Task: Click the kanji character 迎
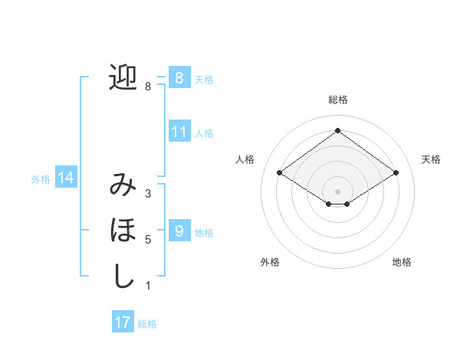click(x=123, y=77)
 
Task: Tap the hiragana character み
click(x=123, y=185)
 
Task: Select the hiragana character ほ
click(x=123, y=230)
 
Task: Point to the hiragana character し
click(x=123, y=276)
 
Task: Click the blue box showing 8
click(x=179, y=77)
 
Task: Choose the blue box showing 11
click(x=179, y=132)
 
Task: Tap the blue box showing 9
click(x=179, y=231)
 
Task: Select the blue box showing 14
click(x=66, y=178)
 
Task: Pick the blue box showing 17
click(x=123, y=322)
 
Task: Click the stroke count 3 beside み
click(x=147, y=194)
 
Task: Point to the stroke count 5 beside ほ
click(x=147, y=240)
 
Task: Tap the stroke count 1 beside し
click(x=147, y=286)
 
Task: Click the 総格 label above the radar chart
click(x=337, y=100)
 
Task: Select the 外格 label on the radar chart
click(x=270, y=262)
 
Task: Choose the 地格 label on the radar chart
click(x=402, y=262)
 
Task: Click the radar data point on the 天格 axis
click(x=396, y=173)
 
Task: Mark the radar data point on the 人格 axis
click(x=280, y=173)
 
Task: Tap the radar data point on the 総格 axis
click(x=337, y=131)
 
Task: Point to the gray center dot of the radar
click(x=337, y=191)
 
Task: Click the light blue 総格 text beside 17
click(x=147, y=324)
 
